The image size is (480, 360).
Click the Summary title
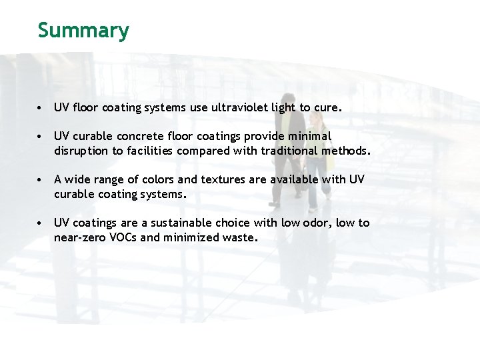pos(83,30)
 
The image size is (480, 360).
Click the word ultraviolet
pos(239,107)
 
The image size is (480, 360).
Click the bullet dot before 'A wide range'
pos(41,180)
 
